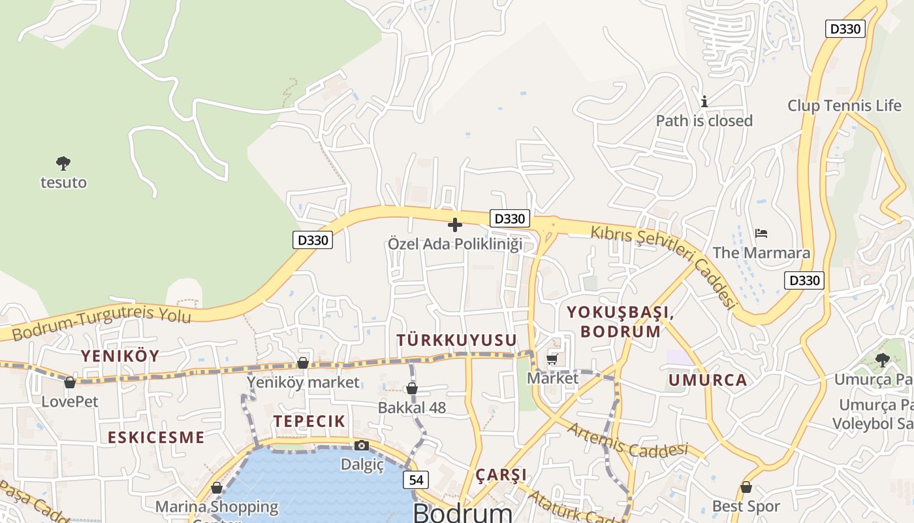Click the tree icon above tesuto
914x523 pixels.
(x=63, y=163)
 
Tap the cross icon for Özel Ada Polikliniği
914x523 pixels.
(x=455, y=226)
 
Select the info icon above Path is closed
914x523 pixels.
(x=704, y=101)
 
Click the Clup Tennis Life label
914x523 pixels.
(x=844, y=105)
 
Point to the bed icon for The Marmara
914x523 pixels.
(x=761, y=233)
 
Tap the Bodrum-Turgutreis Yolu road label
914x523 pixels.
(x=102, y=323)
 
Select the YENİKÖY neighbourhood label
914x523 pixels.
(x=120, y=356)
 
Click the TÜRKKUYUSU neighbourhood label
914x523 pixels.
(x=457, y=340)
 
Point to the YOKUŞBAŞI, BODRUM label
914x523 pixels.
(x=620, y=322)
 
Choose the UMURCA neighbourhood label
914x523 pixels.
(x=708, y=380)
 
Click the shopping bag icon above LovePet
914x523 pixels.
(x=70, y=382)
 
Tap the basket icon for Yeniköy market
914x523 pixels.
(x=303, y=363)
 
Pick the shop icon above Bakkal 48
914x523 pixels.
(x=412, y=389)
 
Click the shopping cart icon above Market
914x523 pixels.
(x=552, y=359)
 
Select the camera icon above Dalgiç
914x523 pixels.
(x=362, y=446)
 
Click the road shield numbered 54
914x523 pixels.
(x=416, y=480)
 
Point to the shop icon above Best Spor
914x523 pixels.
(x=746, y=487)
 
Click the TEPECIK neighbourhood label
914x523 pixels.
(x=309, y=421)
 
